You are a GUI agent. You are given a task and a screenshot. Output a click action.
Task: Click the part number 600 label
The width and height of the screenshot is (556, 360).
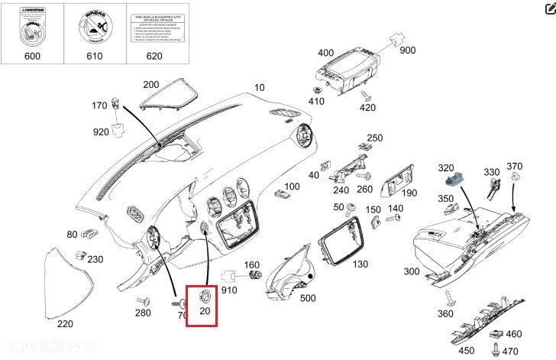tap(32, 55)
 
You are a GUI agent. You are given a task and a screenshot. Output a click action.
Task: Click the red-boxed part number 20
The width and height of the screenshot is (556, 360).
tap(204, 311)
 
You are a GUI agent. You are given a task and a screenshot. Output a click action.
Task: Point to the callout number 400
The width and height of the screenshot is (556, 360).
tap(325, 53)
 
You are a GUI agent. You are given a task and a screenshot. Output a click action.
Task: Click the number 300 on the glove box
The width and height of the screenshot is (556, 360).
tap(412, 272)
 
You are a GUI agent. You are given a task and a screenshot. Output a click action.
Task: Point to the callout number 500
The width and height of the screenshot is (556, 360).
tap(308, 298)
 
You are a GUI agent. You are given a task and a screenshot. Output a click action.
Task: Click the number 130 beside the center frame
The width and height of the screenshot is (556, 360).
tap(359, 264)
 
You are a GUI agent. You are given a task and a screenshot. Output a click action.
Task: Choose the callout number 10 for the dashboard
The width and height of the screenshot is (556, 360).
tap(259, 87)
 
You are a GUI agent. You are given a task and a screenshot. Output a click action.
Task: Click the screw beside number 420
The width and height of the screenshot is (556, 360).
tap(367, 96)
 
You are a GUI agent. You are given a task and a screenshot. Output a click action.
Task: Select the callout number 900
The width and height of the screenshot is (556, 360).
tap(407, 50)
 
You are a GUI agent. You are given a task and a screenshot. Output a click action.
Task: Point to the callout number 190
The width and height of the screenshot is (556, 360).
tap(409, 193)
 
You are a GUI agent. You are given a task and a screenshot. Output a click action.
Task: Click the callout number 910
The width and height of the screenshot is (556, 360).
tap(230, 291)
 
